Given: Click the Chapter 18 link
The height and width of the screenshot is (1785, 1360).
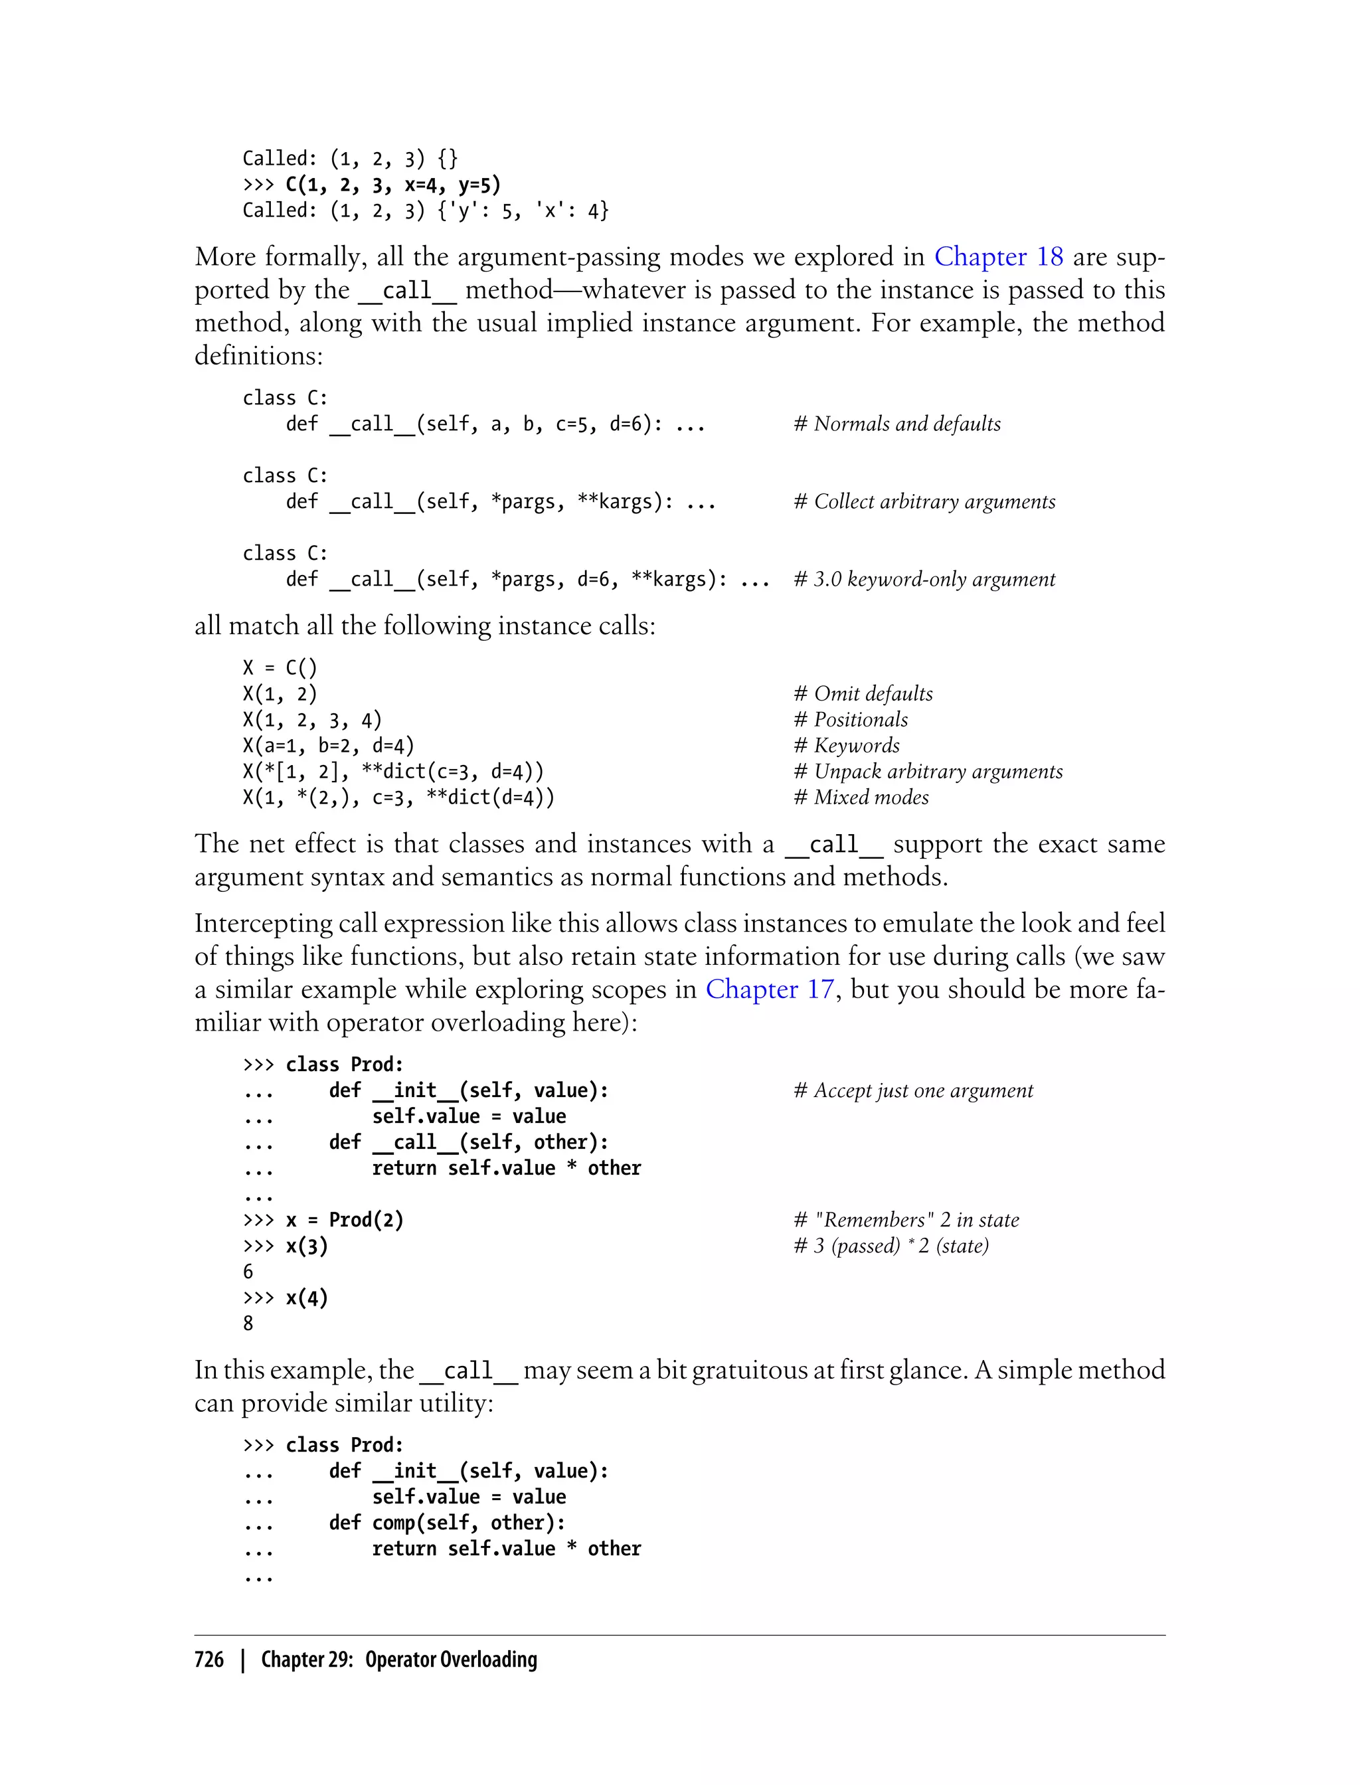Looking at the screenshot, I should click(998, 256).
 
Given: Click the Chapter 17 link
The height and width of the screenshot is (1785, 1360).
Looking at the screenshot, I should click(769, 989).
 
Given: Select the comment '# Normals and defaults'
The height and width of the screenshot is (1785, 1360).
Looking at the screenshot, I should click(897, 424).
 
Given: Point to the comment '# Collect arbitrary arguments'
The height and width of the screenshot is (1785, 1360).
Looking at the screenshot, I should click(924, 502).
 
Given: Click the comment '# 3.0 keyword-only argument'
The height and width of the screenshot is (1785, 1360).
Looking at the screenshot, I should click(924, 580).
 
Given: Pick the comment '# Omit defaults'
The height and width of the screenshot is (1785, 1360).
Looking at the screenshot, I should click(863, 694).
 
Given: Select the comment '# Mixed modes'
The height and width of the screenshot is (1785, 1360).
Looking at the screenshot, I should click(861, 798).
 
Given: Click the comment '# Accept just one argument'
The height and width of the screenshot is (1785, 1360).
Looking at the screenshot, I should click(913, 1090).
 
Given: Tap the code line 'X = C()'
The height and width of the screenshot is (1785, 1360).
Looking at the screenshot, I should click(280, 668).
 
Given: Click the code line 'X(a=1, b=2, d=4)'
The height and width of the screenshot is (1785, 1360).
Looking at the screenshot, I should click(328, 746).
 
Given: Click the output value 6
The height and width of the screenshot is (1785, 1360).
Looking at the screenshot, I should click(248, 1272).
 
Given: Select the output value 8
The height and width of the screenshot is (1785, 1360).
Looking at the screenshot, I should click(248, 1323).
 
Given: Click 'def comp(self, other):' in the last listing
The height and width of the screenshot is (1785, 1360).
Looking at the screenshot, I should click(447, 1523).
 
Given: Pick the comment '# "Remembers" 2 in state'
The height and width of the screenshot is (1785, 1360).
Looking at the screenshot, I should click(906, 1220).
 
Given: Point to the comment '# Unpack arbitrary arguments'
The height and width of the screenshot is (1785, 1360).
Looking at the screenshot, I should click(928, 772).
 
